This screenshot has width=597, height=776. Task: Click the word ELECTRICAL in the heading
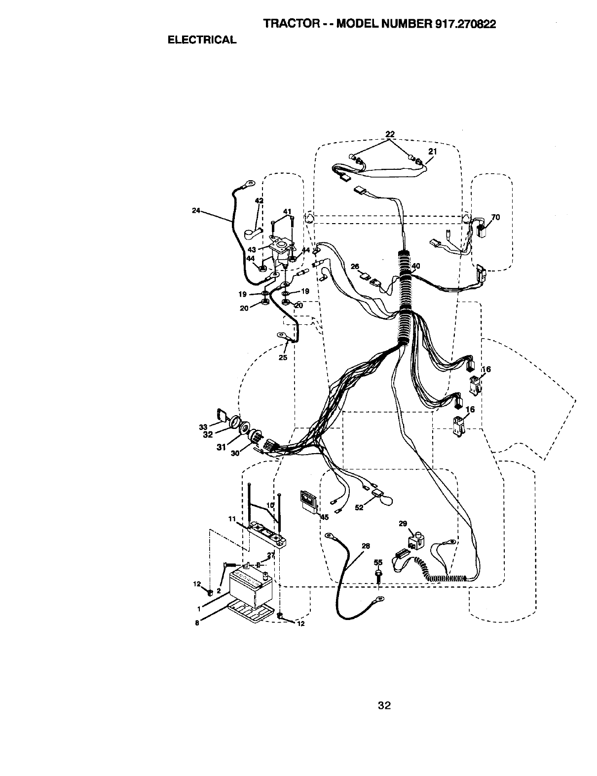click(202, 40)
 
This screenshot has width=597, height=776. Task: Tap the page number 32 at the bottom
click(384, 706)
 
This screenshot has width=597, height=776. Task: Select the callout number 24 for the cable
click(196, 210)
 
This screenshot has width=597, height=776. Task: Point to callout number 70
click(495, 217)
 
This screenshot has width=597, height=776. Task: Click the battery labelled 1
click(249, 588)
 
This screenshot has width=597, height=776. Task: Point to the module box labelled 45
click(308, 502)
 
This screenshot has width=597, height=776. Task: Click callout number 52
click(359, 507)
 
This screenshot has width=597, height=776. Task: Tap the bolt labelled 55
click(378, 574)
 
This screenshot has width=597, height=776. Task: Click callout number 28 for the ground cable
click(366, 546)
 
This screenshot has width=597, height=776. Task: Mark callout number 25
click(283, 357)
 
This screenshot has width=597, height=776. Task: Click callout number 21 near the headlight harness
click(432, 152)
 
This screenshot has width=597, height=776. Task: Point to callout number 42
click(259, 200)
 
